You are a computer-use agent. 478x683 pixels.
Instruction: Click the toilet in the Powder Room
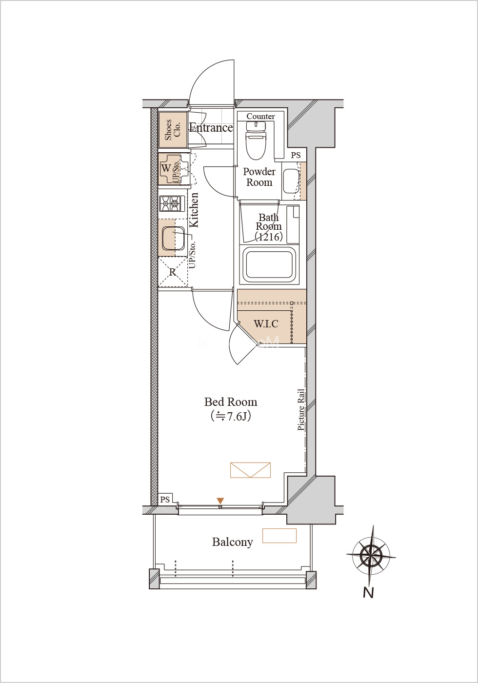256,141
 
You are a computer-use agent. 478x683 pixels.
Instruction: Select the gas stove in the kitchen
172,203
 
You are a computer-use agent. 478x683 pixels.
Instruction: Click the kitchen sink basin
173,238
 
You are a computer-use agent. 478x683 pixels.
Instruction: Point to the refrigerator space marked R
173,272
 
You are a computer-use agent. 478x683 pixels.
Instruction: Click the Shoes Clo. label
173,130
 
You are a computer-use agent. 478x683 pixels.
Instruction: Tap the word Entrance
211,127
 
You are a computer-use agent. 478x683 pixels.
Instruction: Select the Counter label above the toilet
260,116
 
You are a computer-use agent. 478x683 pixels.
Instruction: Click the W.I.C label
266,323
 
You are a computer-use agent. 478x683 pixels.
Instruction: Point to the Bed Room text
231,402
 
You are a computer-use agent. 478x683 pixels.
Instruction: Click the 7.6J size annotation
231,416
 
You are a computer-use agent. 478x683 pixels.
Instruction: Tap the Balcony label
233,542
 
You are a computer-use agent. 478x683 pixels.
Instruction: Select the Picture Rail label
301,409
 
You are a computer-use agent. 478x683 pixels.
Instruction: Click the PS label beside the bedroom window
165,500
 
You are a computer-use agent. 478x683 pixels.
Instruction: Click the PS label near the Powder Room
296,155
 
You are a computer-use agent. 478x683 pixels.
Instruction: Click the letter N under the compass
368,593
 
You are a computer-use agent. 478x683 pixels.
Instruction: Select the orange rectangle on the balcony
279,536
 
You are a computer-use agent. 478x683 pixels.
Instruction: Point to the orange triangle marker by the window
220,501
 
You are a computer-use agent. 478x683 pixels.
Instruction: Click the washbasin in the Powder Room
291,181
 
